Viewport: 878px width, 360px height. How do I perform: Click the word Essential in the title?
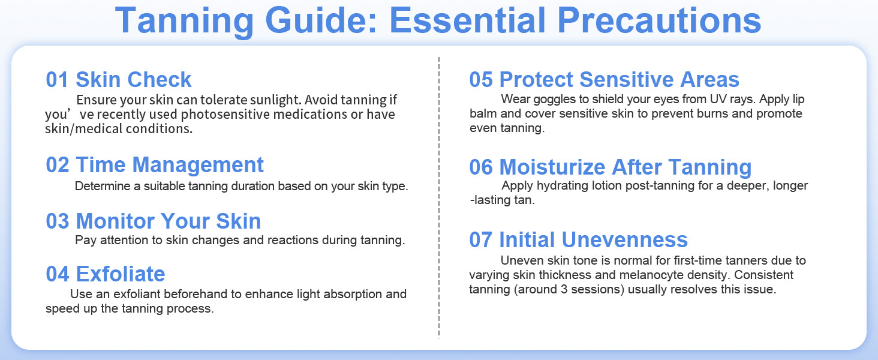coord(468,20)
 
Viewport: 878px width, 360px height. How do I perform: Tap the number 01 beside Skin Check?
coord(57,80)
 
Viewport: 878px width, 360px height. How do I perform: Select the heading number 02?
coord(57,165)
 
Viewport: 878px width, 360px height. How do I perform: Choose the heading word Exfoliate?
coord(121,274)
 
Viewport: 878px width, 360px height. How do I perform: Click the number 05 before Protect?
coord(481,80)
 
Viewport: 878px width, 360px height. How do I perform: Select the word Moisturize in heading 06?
coord(553,167)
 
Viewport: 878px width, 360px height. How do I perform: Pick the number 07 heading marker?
coord(481,239)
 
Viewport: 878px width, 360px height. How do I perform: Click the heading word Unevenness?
coord(625,239)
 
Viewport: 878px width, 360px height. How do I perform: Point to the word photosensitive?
coord(225,115)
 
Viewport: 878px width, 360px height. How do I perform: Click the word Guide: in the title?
coord(321,20)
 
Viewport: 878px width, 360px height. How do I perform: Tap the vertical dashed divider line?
coord(439,197)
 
